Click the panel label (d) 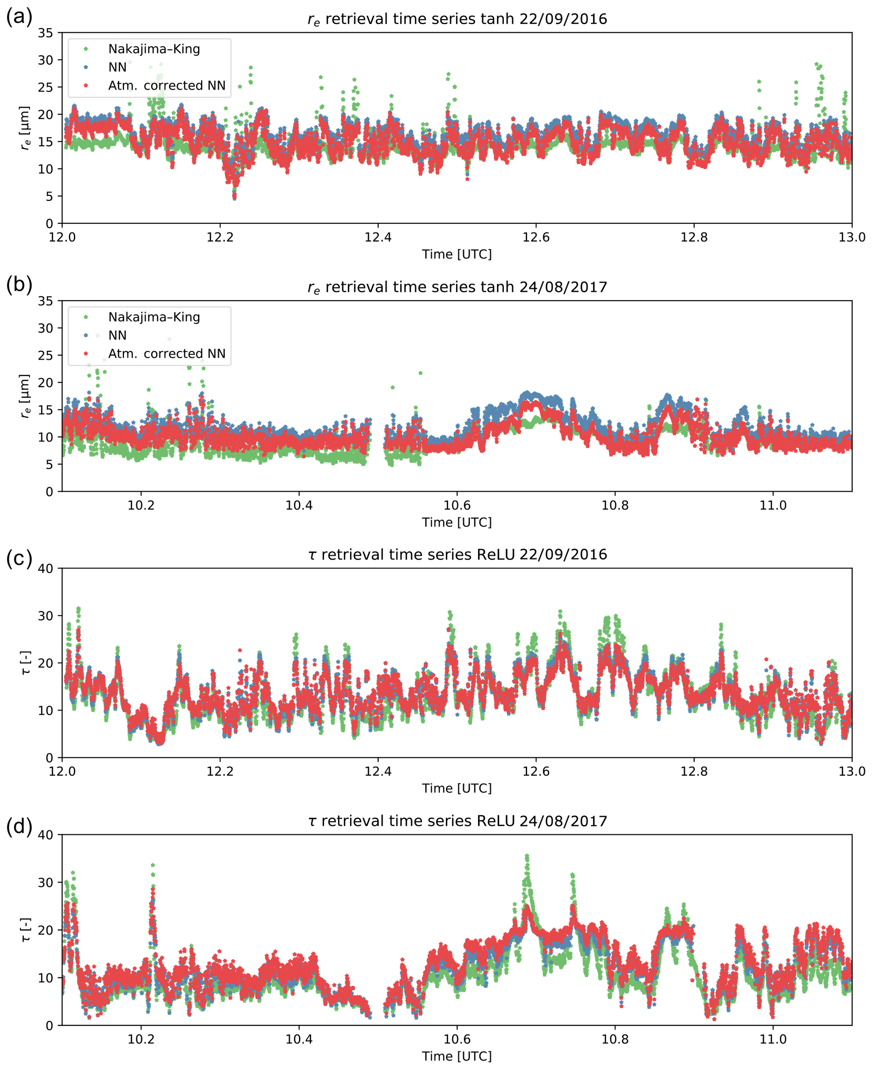(19, 826)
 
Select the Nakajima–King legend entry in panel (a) (154, 49)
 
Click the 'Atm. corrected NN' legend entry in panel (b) (166, 354)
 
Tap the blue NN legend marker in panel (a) (85, 67)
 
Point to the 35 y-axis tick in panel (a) (45, 33)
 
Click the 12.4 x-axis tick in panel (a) (378, 237)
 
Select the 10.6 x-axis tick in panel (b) (457, 506)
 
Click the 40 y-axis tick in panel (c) (45, 569)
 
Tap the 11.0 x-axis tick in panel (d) (773, 1039)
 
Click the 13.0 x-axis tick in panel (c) (852, 772)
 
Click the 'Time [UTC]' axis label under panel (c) (457, 788)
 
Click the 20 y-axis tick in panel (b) (45, 382)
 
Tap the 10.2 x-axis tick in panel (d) (141, 1039)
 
